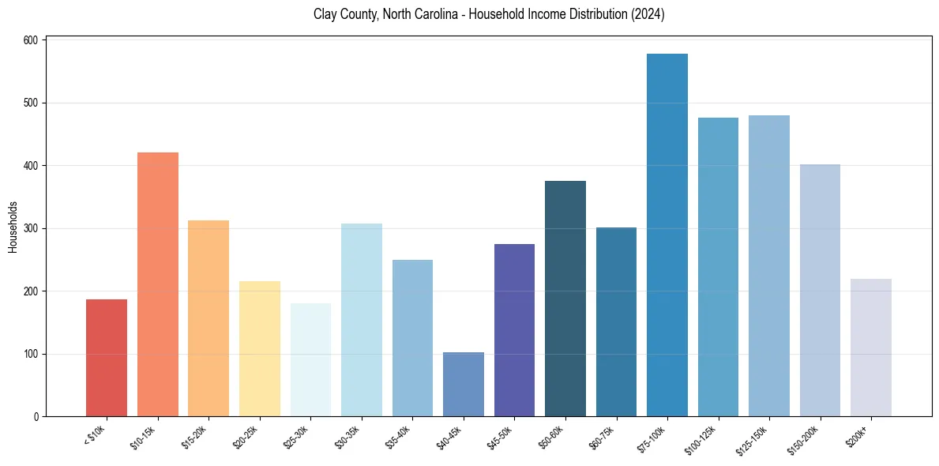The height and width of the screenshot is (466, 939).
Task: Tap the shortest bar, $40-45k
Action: tap(464, 385)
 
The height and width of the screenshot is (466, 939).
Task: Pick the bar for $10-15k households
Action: tap(158, 284)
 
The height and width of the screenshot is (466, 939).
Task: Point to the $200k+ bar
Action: tap(871, 348)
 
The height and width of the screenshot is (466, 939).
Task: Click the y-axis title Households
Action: tap(13, 227)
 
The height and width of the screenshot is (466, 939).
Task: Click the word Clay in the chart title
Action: tap(325, 14)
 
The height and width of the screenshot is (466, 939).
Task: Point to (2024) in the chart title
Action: tap(647, 14)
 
